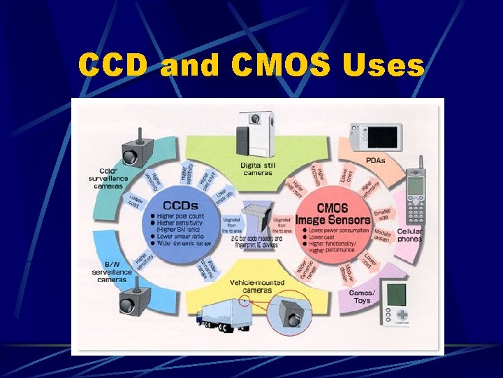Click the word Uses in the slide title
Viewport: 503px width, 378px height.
pos(384,66)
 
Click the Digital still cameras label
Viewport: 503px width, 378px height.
pos(259,169)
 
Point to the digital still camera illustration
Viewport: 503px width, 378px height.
pos(256,133)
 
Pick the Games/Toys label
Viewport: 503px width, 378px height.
pos(362,295)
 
